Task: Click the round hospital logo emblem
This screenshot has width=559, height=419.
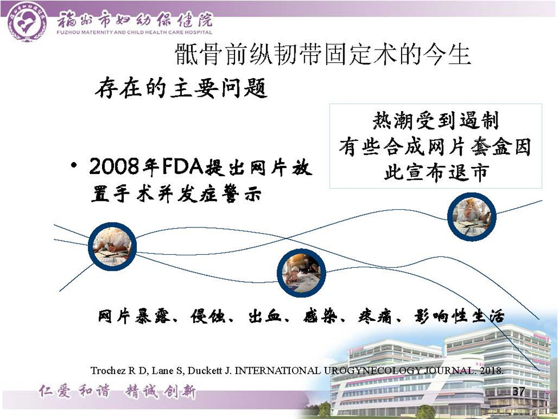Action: point(27,22)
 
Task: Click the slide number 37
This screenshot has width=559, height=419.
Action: point(519,391)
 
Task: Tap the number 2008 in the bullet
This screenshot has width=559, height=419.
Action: point(114,166)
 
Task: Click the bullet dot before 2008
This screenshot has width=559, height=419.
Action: point(74,166)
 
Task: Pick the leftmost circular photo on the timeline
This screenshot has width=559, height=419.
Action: point(112,246)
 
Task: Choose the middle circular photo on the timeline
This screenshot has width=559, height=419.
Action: point(301,273)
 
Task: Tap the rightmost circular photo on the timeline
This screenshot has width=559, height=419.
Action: point(472,217)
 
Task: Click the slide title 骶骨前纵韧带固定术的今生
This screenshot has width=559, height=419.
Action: point(323,55)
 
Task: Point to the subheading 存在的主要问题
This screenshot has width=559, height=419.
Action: point(181,88)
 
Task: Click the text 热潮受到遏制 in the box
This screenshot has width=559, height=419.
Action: point(435,120)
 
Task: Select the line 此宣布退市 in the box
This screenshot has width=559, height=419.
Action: point(435,173)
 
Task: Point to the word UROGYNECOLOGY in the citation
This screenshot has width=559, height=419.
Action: point(372,371)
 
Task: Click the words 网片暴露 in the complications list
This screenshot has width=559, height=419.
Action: point(134,316)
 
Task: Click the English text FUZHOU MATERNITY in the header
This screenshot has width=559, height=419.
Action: point(86,32)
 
